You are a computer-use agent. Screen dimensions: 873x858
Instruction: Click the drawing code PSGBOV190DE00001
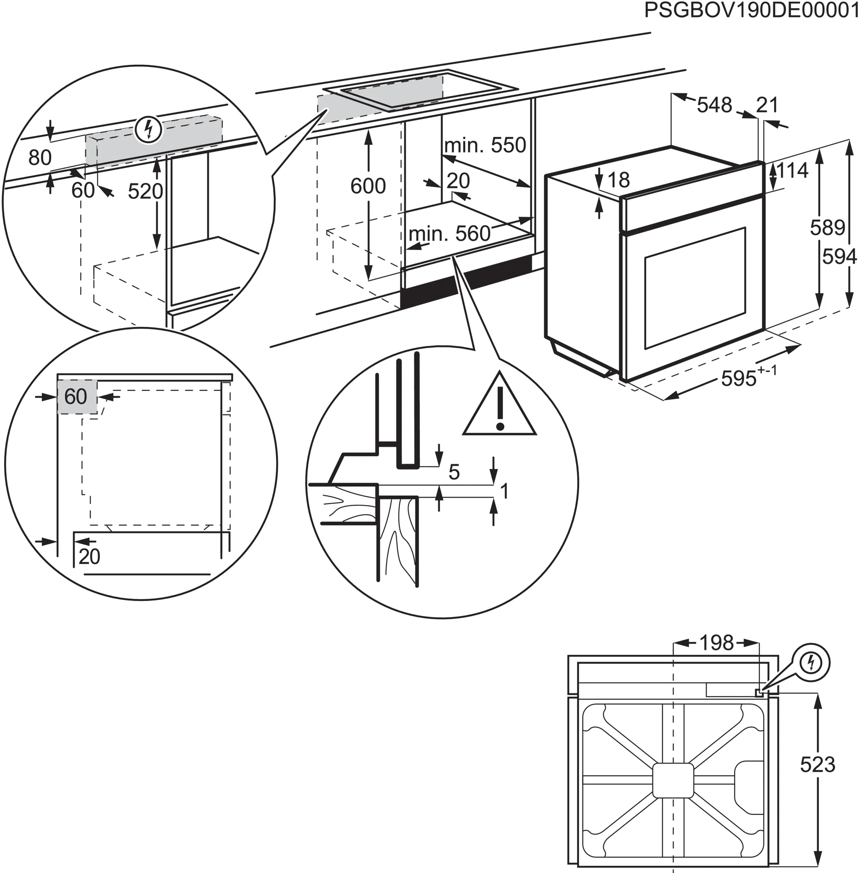[750, 11]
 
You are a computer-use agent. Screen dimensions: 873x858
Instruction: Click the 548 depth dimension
[714, 105]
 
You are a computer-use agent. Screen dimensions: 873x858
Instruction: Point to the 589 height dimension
[827, 228]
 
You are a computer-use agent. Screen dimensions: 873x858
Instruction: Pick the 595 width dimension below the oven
[739, 378]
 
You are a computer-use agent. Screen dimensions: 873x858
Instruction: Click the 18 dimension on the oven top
[618, 180]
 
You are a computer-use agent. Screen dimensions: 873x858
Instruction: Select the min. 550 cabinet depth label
[485, 145]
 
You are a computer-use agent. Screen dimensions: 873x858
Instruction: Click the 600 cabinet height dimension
[368, 186]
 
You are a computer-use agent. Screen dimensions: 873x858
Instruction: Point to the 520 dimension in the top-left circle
[145, 191]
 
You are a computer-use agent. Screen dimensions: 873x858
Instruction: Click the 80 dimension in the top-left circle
[40, 157]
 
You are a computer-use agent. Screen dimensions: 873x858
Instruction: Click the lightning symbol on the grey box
[148, 130]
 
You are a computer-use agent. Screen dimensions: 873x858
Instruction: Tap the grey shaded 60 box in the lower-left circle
[77, 397]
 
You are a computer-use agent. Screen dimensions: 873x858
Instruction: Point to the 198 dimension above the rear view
[716, 642]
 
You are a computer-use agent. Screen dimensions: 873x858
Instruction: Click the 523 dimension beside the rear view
[817, 764]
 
